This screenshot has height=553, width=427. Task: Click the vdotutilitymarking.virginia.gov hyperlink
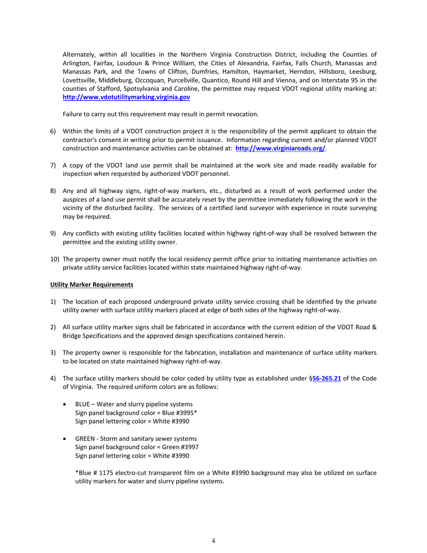click(x=126, y=97)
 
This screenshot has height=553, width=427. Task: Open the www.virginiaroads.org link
click(x=280, y=148)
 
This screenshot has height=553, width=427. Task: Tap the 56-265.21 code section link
click(x=326, y=379)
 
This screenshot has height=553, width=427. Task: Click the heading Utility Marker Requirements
click(x=92, y=285)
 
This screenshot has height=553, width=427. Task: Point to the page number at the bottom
click(x=213, y=540)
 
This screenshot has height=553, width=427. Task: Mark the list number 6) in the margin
click(x=53, y=131)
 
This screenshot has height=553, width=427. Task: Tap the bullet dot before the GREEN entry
click(x=67, y=439)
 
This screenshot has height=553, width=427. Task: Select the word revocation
click(x=242, y=114)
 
